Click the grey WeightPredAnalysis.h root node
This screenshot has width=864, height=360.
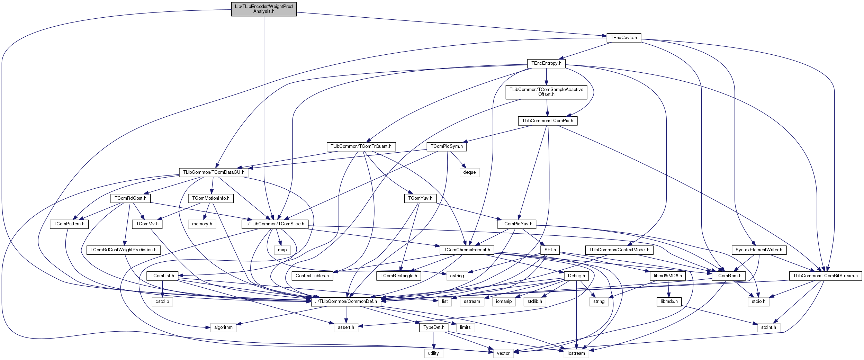pos(264,9)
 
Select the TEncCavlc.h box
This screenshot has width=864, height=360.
pos(623,38)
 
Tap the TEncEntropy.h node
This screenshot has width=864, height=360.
pos(546,63)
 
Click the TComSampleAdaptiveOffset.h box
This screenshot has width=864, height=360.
pos(546,92)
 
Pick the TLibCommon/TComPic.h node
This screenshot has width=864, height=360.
pos(547,121)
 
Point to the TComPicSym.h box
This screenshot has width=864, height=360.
pos(447,146)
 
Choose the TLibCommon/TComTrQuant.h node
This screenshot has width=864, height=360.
pos(361,146)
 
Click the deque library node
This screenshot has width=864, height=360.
pos(469,172)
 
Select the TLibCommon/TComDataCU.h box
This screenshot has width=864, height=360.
pos(214,172)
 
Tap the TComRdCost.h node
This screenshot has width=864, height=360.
pos(130,198)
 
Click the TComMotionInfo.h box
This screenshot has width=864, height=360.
pos(211,198)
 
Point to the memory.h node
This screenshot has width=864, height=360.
pos(202,224)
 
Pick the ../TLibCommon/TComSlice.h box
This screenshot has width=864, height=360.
pos(275,224)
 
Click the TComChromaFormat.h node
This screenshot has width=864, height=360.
pos(467,250)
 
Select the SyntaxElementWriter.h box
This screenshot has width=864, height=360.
pos(758,250)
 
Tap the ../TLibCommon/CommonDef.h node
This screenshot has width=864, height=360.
pos(346,301)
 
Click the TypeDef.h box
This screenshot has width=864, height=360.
pos(434,327)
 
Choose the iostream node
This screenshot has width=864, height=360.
pos(576,353)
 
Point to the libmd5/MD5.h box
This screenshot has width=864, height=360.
pos(668,276)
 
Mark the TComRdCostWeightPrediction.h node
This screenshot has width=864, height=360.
pos(123,250)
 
